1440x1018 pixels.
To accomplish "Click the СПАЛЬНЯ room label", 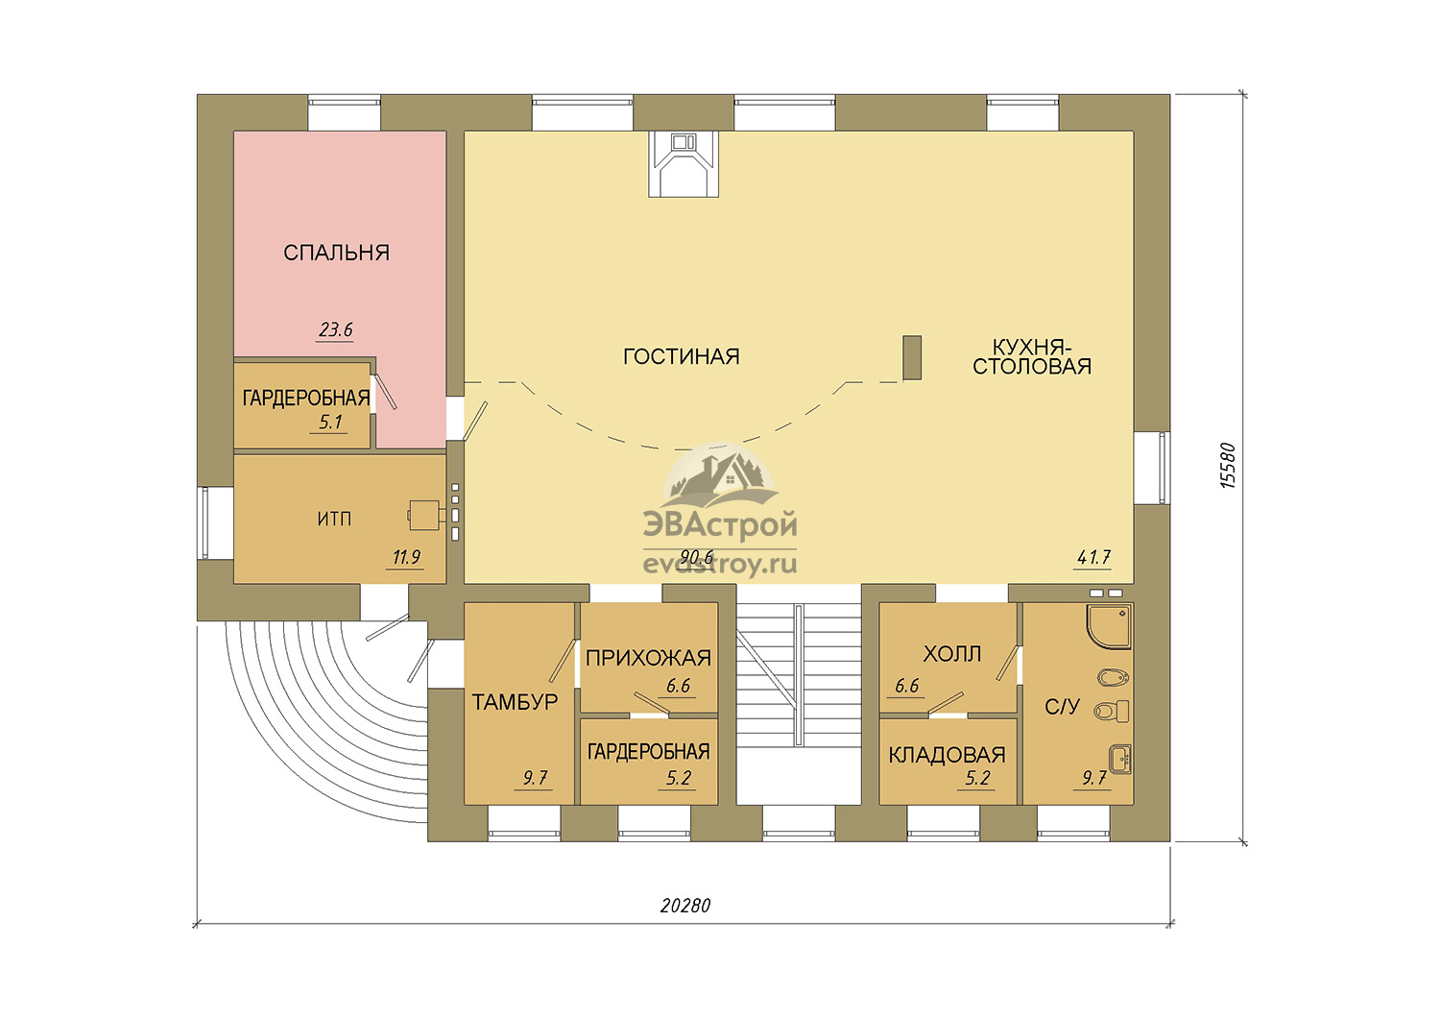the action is click(x=336, y=252).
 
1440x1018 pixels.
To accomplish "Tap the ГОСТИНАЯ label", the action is click(x=682, y=356).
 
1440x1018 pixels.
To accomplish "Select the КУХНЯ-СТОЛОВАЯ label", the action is click(x=1032, y=356).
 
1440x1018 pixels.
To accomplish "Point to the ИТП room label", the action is click(x=334, y=519).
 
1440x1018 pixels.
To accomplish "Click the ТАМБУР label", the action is click(x=515, y=702).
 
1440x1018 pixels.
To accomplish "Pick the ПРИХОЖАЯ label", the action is click(x=648, y=657).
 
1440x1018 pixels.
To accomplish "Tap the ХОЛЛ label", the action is click(x=952, y=654).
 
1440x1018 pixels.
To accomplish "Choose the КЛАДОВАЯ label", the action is click(x=947, y=754).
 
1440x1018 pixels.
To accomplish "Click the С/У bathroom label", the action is click(x=1062, y=707).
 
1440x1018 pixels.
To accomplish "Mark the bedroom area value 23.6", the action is click(x=336, y=330).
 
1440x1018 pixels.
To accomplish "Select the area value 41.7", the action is click(x=1093, y=557).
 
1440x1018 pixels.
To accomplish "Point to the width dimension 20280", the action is click(x=685, y=906).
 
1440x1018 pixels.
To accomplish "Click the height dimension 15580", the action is click(x=1228, y=466).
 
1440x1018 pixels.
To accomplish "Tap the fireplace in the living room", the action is click(x=684, y=164).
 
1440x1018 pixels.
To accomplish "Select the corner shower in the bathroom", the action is click(x=1109, y=626).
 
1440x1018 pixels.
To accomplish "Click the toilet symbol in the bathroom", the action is click(x=1112, y=712).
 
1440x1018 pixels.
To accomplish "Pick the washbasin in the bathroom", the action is click(x=1120, y=760).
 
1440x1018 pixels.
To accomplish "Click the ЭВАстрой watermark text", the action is click(x=720, y=524).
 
